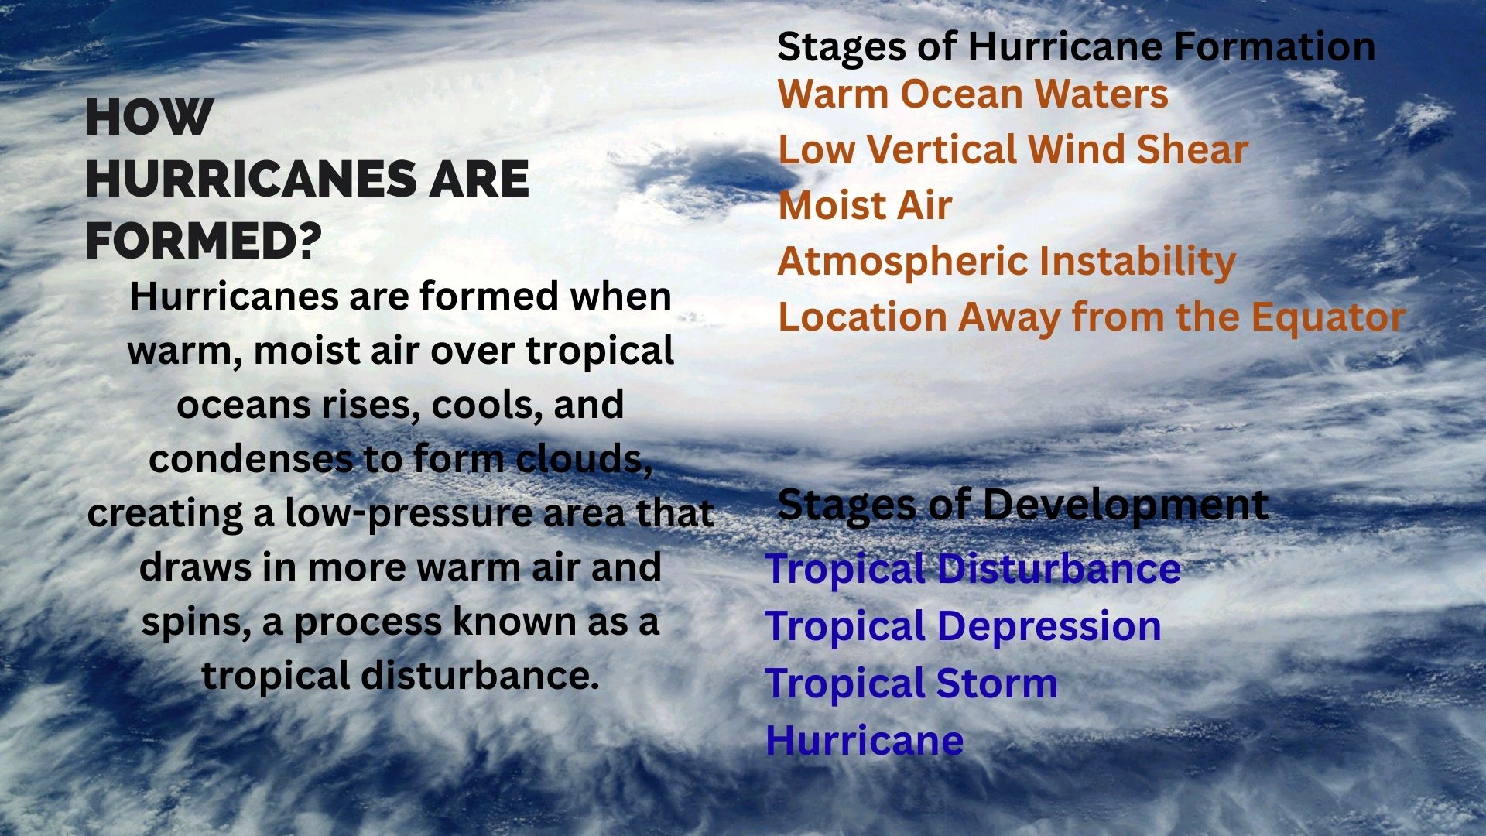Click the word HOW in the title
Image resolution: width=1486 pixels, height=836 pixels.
pos(149,118)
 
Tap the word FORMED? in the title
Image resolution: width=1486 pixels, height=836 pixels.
pos(203,241)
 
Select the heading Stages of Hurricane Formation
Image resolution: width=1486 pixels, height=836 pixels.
pos(1077,46)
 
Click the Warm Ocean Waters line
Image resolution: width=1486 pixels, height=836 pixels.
pos(973,94)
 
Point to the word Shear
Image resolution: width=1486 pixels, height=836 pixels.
pos(1192,149)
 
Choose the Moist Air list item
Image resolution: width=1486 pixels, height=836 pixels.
pos(865,205)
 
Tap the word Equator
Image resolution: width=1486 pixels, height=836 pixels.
pos(1328,318)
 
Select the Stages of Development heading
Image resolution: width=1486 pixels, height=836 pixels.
pos(1022,505)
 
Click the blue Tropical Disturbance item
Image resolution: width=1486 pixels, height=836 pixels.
pos(973,569)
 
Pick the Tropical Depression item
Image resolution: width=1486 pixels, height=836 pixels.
pos(963,626)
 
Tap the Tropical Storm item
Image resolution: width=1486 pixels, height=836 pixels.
pos(911,684)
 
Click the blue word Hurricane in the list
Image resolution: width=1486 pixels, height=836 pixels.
pos(865,740)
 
